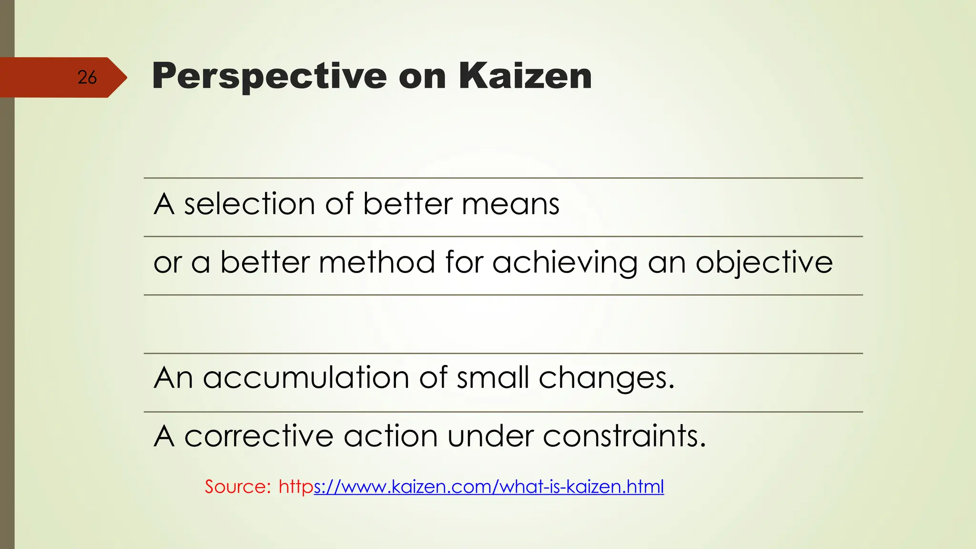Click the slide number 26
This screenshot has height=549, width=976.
pyautogui.click(x=87, y=77)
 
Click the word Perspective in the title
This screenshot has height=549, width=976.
pyautogui.click(x=269, y=76)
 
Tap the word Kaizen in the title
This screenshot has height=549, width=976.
pyautogui.click(x=525, y=76)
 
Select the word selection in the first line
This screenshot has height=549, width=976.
pyautogui.click(x=249, y=204)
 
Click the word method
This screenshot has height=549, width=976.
pyautogui.click(x=376, y=263)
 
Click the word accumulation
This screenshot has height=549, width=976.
pyautogui.click(x=306, y=378)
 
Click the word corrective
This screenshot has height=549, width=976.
pyautogui.click(x=259, y=436)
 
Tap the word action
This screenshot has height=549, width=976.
pyautogui.click(x=390, y=436)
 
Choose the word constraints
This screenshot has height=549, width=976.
pyautogui.click(x=624, y=436)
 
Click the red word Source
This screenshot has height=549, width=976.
pyautogui.click(x=237, y=487)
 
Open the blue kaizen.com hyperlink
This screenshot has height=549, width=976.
pyautogui.click(x=488, y=487)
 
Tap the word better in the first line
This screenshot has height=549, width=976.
pyautogui.click(x=407, y=204)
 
